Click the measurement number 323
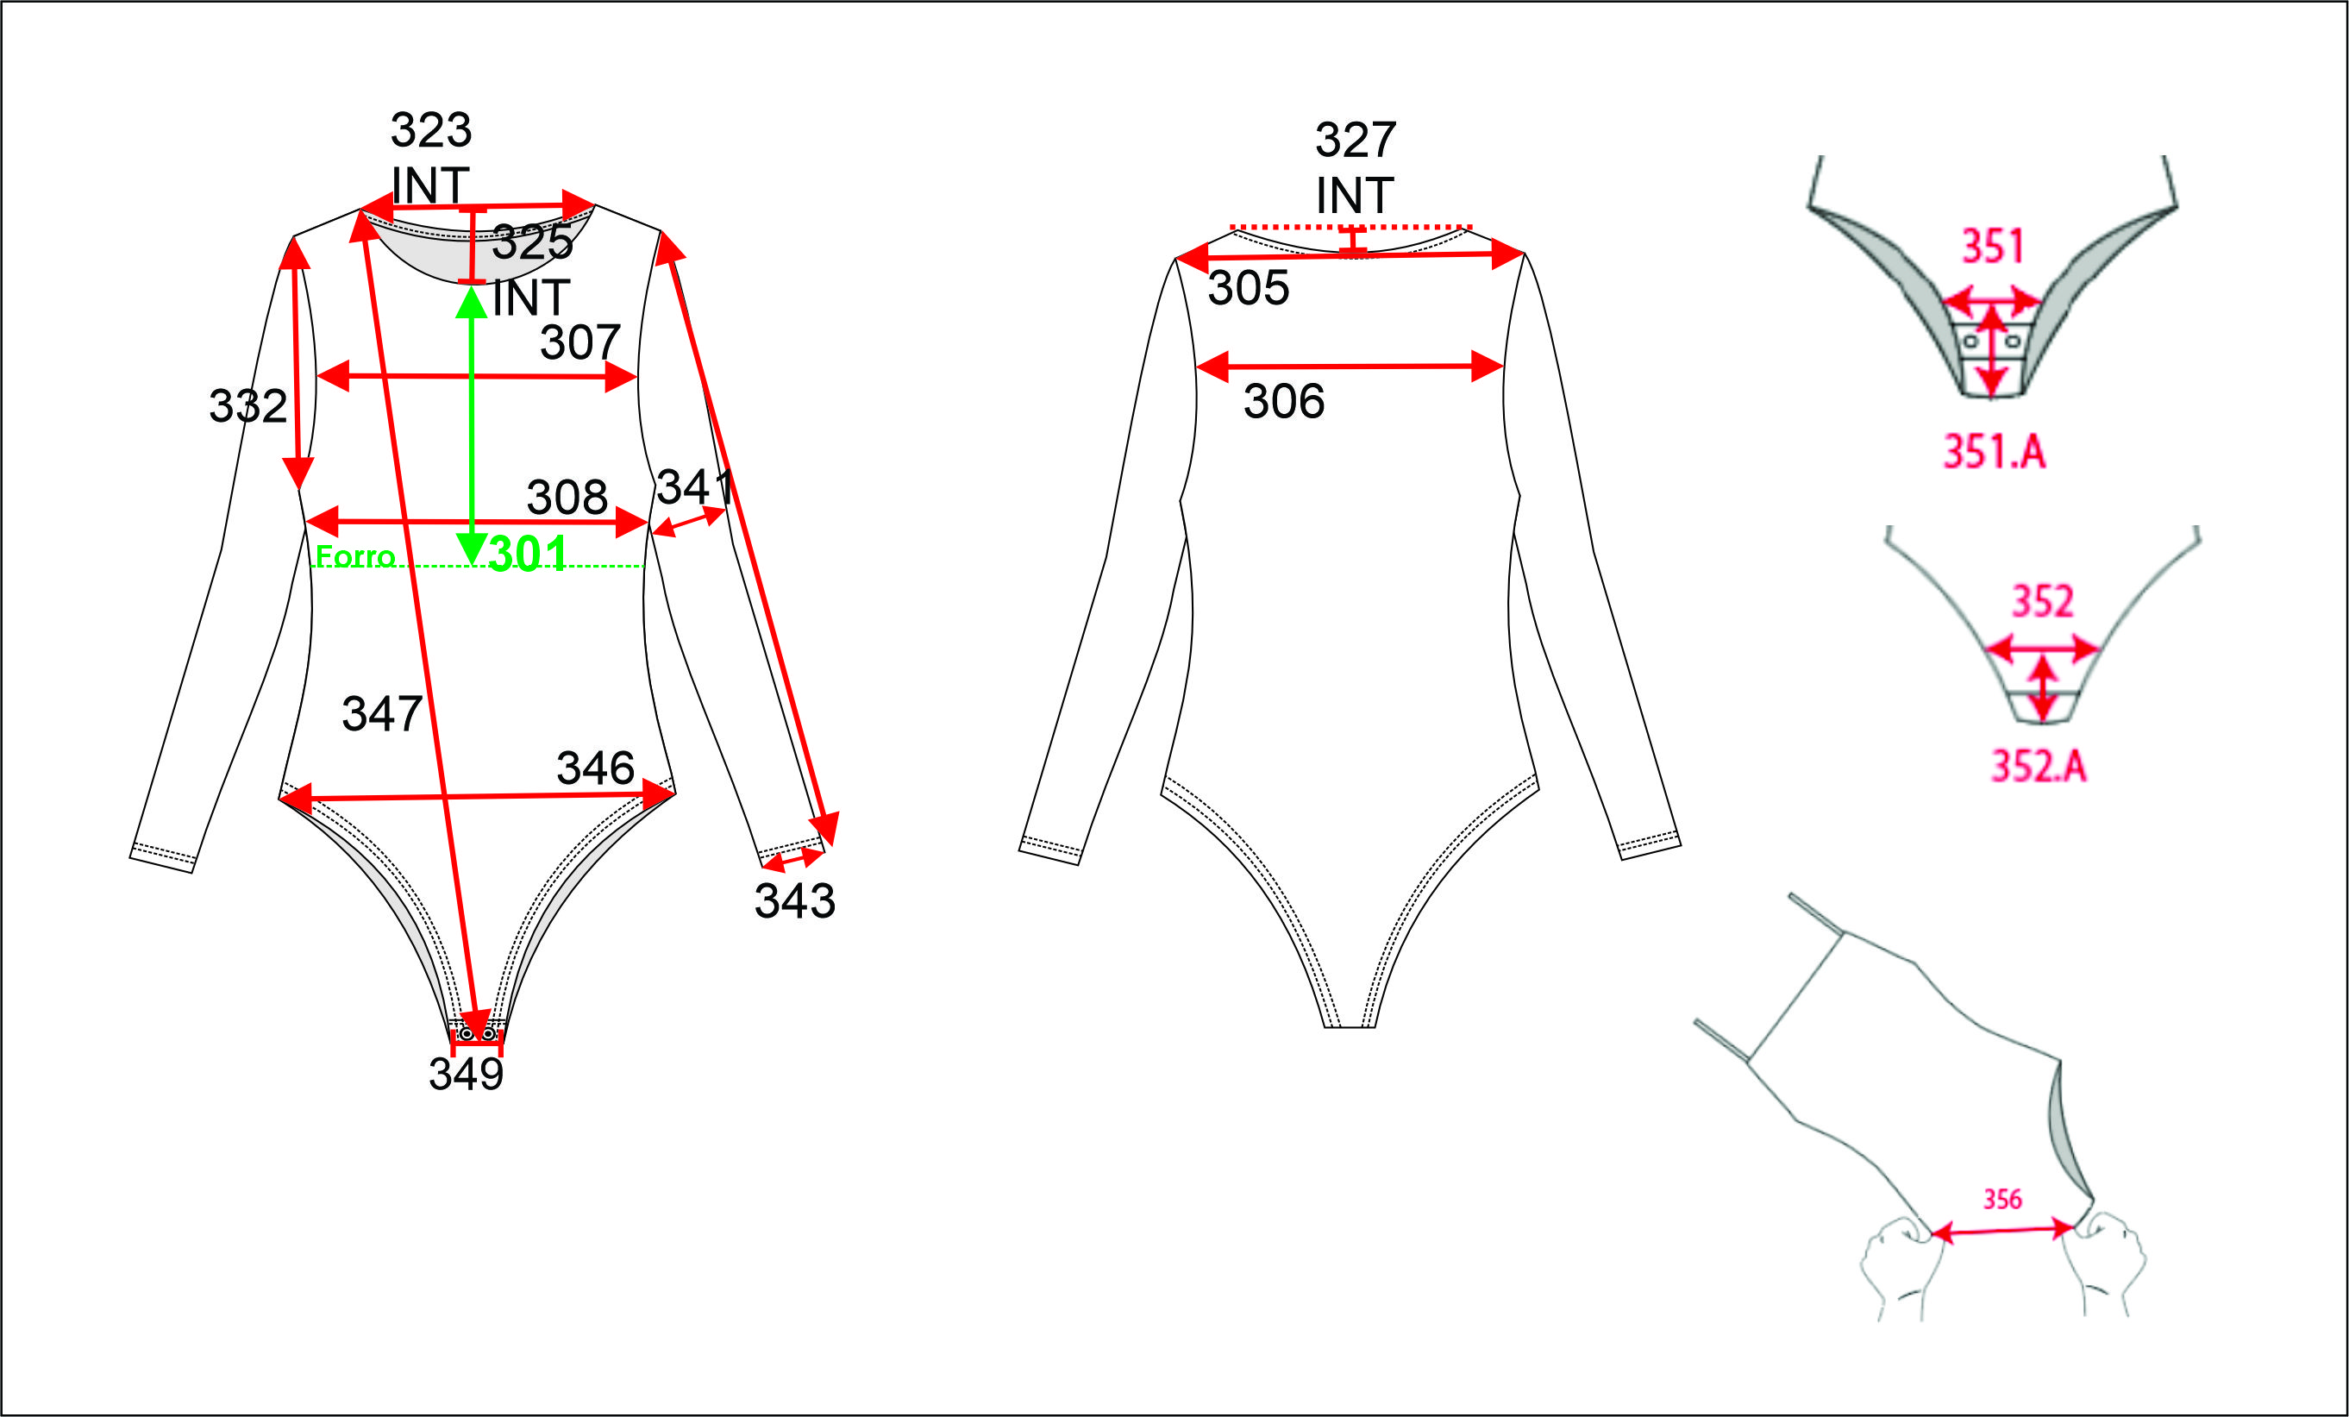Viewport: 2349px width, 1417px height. coord(431,129)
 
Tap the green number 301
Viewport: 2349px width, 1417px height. coord(528,553)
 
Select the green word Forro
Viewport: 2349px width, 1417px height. coord(354,556)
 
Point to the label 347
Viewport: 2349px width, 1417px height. coord(382,713)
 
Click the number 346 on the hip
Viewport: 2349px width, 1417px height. coord(596,768)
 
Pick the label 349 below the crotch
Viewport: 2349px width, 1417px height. coord(467,1074)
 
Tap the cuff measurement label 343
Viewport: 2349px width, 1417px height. coord(795,900)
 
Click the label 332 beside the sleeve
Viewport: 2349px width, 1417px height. coord(247,406)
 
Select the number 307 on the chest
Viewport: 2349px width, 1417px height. coord(580,342)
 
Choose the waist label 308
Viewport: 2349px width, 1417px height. coord(567,497)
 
